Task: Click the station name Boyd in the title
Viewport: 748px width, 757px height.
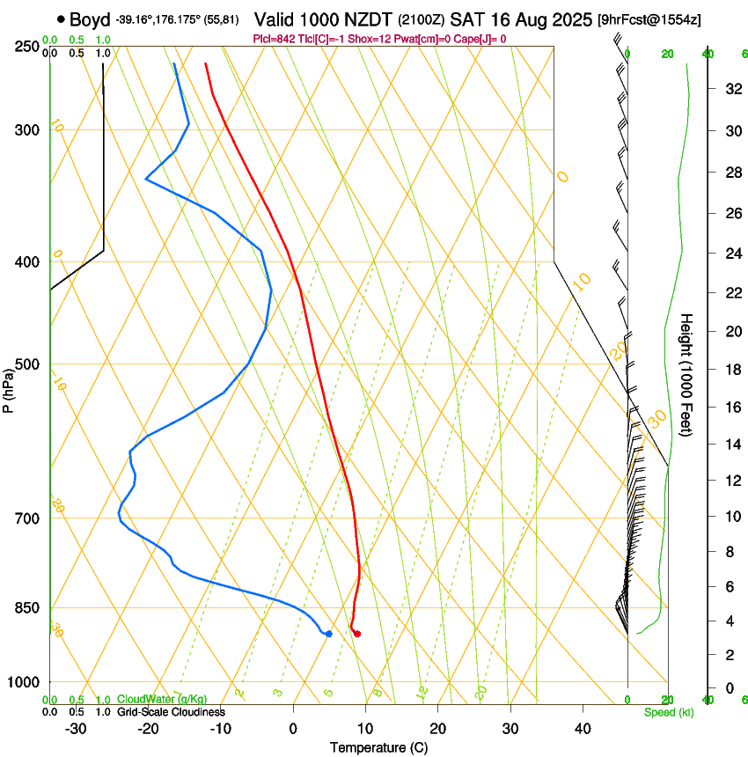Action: coord(88,18)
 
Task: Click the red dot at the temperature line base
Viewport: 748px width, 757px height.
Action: coord(356,634)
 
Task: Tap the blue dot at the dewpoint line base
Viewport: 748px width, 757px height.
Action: coord(328,634)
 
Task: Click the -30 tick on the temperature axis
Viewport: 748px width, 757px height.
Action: coord(76,729)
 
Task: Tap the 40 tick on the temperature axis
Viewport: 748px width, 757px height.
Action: coord(582,729)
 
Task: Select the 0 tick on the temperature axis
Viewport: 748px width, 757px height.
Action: coord(294,729)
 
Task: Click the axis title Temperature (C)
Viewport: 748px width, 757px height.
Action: coord(378,748)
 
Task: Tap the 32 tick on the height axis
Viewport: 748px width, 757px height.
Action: coord(731,89)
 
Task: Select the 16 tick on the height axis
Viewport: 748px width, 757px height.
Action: coord(731,408)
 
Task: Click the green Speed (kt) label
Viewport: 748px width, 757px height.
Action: coord(668,712)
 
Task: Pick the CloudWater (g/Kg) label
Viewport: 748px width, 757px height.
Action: coord(162,700)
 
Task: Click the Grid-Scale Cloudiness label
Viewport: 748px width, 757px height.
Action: coord(171,712)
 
